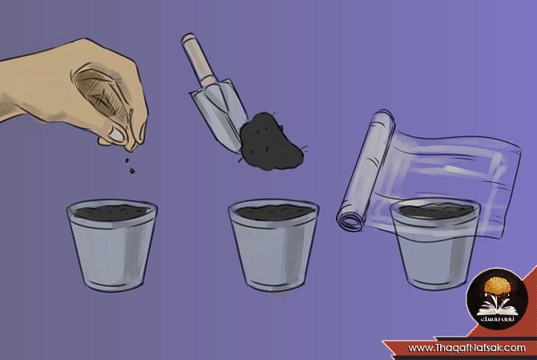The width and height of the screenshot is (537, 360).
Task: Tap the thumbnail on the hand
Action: pos(117,134)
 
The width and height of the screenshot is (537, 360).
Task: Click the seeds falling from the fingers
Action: pos(130,165)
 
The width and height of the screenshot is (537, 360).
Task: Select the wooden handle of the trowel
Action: pos(197,59)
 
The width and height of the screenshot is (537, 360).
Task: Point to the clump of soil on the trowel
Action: pos(271,141)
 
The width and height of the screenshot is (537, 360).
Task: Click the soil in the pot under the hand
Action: pos(111,212)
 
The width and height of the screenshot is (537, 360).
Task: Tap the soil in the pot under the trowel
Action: pos(273,212)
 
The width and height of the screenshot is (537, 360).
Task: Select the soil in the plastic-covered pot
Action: pos(435,211)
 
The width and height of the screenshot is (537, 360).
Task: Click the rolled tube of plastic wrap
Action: pos(365,172)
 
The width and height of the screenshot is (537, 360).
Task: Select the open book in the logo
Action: pos(497,309)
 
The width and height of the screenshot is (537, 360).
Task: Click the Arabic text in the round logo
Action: pos(497,319)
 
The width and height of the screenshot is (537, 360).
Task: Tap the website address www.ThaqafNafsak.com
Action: pos(466,348)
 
